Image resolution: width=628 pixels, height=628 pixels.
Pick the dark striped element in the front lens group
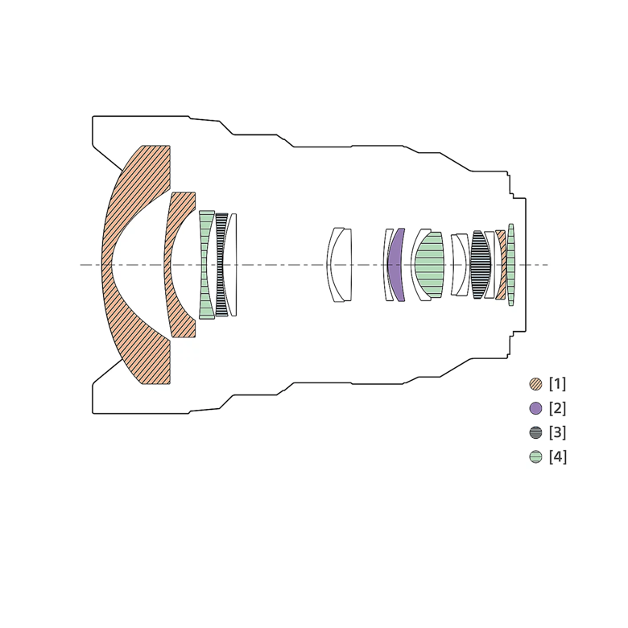click(221, 264)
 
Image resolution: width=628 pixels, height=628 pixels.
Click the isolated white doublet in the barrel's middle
click(341, 264)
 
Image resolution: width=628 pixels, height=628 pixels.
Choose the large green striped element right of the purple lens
click(429, 265)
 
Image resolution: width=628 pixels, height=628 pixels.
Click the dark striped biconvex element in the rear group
click(481, 265)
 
